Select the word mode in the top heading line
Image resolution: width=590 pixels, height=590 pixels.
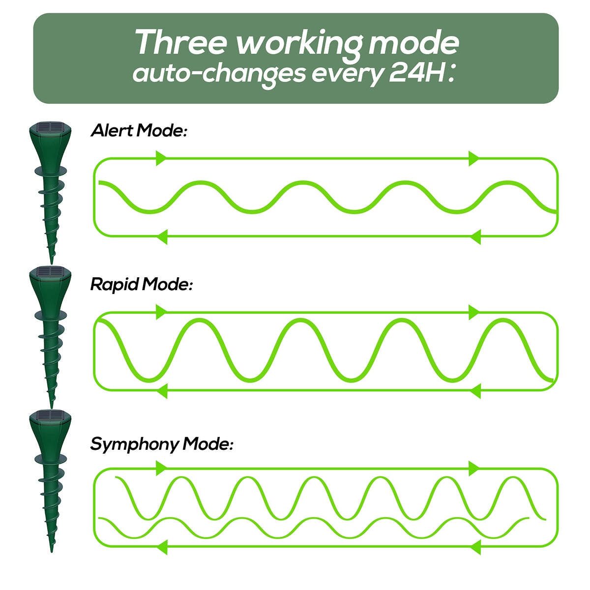point(413,43)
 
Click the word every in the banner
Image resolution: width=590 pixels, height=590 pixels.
point(348,75)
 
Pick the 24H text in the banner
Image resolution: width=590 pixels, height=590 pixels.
point(417,73)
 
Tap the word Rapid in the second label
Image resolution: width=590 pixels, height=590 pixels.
point(114,285)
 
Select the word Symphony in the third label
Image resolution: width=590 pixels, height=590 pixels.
point(134,445)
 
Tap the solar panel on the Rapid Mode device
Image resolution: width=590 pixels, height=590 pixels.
point(50,271)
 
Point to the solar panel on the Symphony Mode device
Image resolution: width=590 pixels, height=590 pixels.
point(50,416)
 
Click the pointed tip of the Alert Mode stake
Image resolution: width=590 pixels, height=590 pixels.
point(52,264)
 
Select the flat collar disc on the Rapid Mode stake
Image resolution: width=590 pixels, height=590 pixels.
point(51,315)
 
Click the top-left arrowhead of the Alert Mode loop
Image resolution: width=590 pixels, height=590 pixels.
point(161,158)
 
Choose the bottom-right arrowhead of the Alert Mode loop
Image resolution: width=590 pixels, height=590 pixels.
point(475,236)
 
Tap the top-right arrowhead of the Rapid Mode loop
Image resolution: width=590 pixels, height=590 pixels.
point(474,313)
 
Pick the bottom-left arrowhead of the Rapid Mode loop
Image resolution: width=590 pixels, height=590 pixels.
point(162,391)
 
